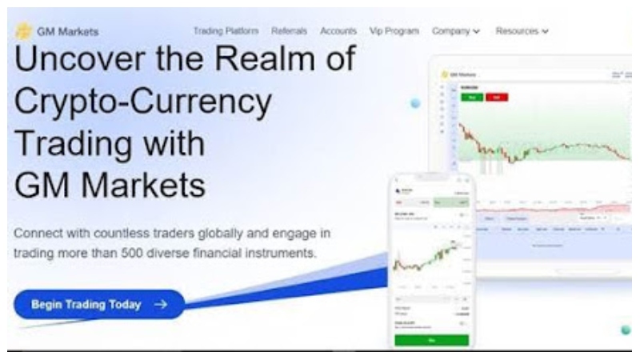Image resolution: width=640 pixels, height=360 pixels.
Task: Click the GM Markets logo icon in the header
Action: (x=23, y=31)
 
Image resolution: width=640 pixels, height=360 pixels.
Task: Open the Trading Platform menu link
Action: (x=226, y=31)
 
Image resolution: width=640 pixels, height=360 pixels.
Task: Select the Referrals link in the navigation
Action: (x=289, y=31)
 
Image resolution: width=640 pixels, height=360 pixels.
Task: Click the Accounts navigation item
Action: (x=338, y=31)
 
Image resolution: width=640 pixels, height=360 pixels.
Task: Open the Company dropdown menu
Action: (x=455, y=31)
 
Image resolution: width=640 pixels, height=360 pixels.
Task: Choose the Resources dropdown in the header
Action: (x=522, y=31)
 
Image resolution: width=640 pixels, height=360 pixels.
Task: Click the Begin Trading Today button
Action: (x=98, y=305)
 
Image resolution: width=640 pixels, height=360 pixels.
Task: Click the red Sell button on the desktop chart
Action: (x=497, y=97)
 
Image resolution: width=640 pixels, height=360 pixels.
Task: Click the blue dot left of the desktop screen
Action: (x=415, y=104)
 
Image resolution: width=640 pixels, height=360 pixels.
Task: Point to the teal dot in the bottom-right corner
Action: (x=626, y=330)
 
